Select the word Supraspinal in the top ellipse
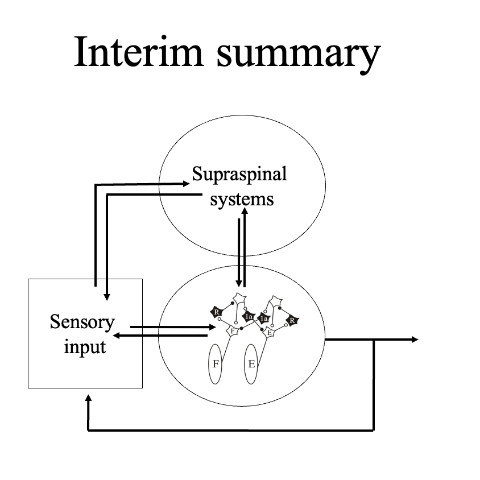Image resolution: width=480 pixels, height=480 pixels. coord(239,174)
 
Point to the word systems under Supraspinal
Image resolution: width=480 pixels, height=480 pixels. coord(242,200)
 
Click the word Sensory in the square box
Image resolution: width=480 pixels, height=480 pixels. coord(82,322)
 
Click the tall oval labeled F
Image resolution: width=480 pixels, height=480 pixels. coord(216,364)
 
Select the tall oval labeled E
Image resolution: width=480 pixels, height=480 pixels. coord(252,364)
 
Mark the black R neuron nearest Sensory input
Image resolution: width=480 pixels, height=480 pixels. coord(217,312)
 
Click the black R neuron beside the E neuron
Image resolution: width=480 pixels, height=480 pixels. coord(292,321)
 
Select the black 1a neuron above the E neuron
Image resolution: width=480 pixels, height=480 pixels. coord(263,319)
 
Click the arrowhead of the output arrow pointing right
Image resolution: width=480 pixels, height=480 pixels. coord(415,340)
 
